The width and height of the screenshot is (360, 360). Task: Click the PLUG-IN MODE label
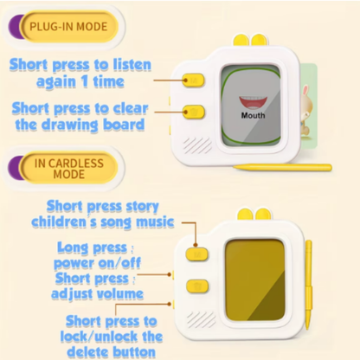(68, 26)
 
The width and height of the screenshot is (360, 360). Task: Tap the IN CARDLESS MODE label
(69, 166)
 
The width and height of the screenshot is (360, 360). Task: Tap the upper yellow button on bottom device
(196, 254)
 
